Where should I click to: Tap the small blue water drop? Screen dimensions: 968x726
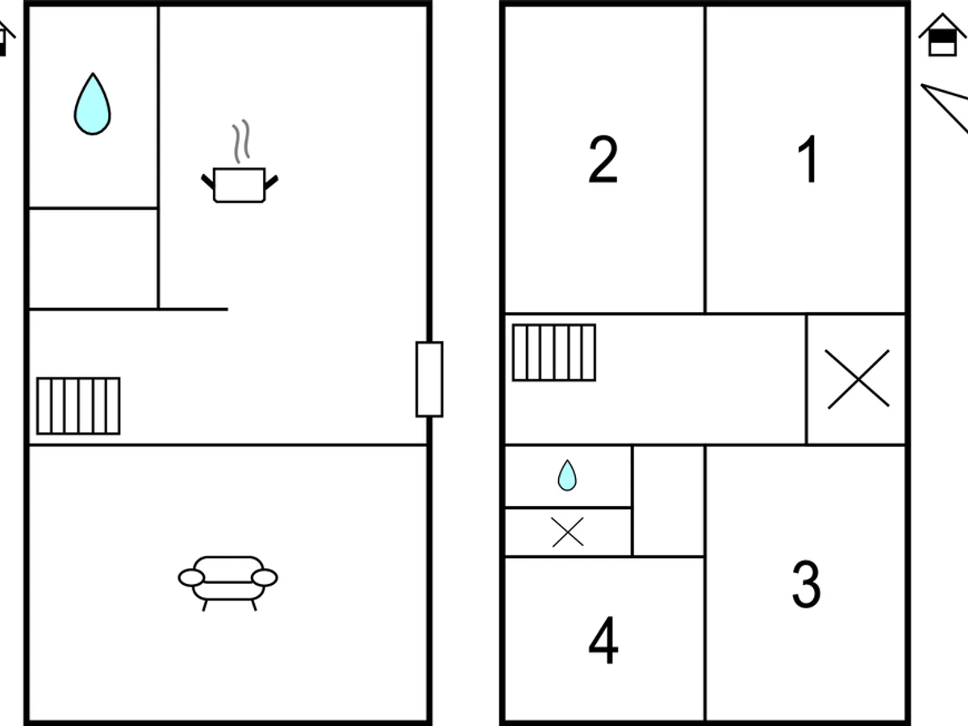click(567, 476)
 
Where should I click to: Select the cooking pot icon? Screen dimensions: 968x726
click(240, 185)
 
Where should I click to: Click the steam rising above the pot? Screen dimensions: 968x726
click(241, 141)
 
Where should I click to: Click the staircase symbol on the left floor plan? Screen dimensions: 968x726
click(78, 406)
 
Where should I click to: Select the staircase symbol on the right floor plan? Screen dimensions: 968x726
click(554, 353)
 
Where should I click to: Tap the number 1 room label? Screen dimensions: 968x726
click(808, 159)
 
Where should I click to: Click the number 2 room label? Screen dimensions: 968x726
click(603, 159)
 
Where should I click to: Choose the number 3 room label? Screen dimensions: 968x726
click(806, 584)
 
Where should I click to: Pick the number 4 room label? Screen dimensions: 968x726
click(603, 640)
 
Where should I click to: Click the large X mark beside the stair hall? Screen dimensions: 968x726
click(857, 379)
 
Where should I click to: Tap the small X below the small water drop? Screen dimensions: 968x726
click(568, 532)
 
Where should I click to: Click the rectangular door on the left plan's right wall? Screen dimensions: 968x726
click(429, 379)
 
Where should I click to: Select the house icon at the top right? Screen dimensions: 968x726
click(942, 35)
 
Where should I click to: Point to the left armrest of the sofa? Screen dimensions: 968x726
click(191, 578)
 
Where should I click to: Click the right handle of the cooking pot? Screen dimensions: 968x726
click(271, 182)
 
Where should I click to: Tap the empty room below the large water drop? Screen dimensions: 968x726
click(93, 259)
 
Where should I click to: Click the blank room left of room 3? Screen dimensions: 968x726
click(669, 501)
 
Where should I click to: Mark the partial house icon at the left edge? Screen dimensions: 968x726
click(6, 39)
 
